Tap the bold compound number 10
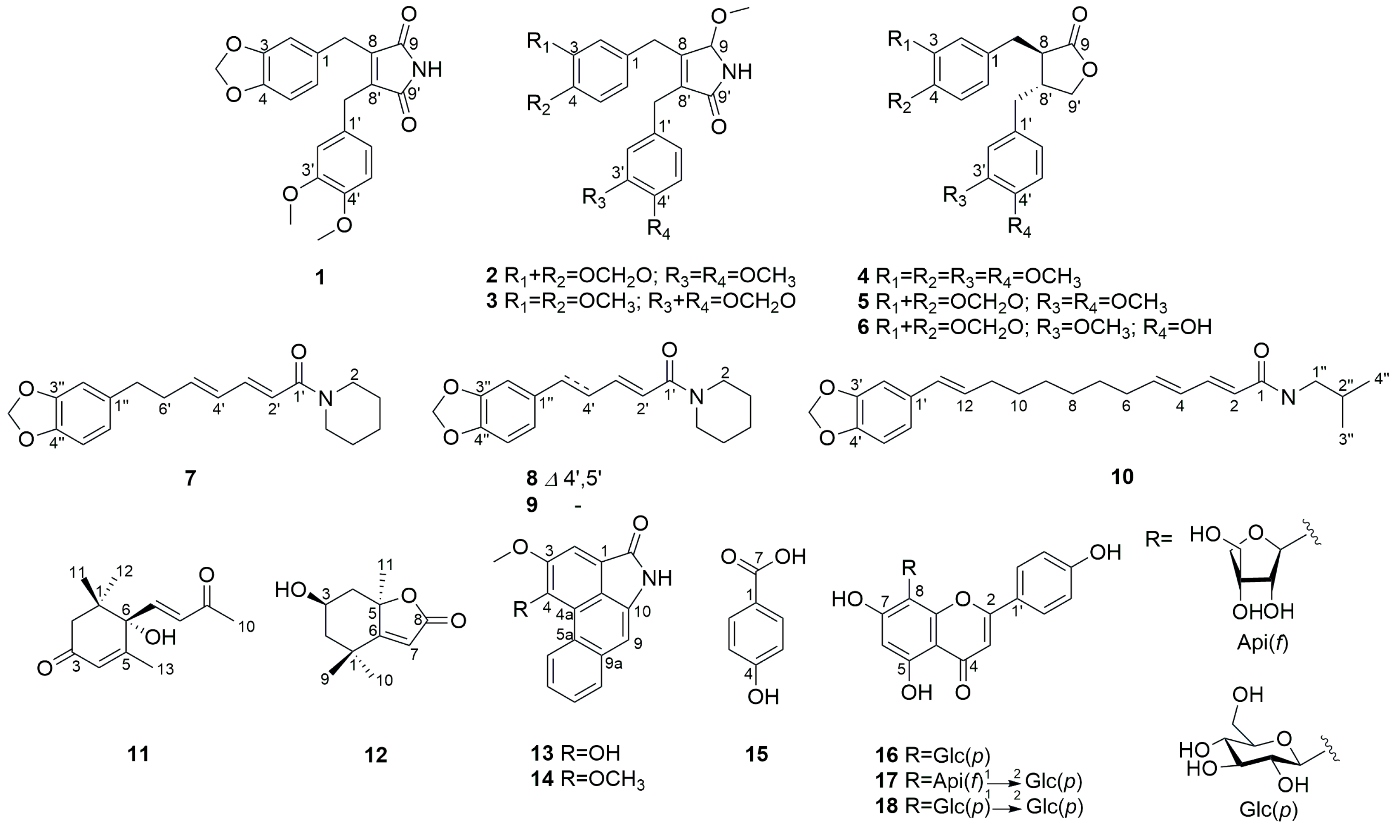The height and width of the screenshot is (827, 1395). pos(1122,477)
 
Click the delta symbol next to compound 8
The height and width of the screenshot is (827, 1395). pos(551,479)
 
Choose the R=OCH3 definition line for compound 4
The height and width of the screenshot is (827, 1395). pos(969,276)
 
